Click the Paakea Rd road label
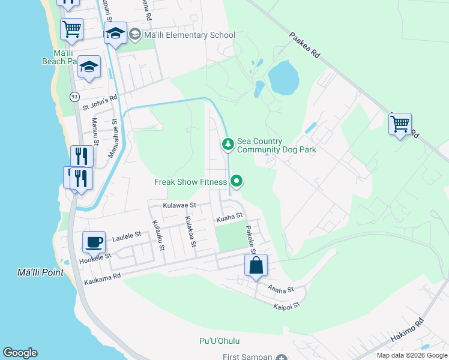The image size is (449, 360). pos(305,44)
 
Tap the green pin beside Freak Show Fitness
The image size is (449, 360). pos(237,181)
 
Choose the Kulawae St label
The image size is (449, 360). pos(179,205)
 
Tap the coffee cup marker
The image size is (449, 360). pos(94,242)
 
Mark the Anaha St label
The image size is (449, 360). pos(281,289)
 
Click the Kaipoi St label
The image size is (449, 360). pos(286,306)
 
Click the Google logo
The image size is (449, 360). pos(20,353)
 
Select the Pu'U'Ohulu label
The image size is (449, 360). pos(219,341)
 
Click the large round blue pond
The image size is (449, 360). pos(283,77)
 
